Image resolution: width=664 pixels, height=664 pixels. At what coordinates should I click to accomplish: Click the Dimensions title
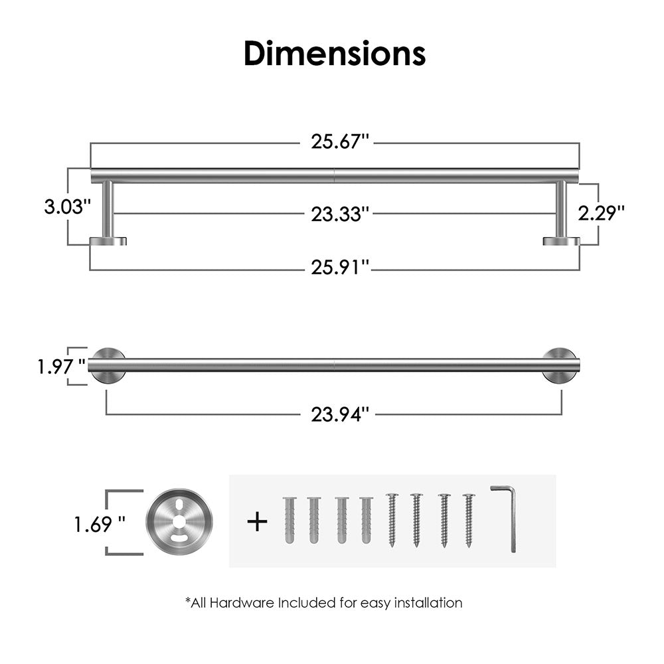[x=335, y=53]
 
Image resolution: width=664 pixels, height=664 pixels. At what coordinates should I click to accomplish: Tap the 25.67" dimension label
[x=339, y=142]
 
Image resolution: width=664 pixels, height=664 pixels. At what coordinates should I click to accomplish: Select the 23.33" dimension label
[x=340, y=214]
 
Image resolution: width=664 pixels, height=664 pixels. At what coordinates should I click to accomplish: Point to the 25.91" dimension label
[x=340, y=268]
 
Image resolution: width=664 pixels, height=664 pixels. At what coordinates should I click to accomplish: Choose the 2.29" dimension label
[x=601, y=212]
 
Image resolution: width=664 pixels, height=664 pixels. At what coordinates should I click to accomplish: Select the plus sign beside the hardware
[x=257, y=521]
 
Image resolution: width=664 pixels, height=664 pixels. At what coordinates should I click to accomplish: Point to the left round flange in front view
[x=106, y=365]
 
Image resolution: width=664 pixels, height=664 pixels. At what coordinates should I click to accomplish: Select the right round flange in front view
[x=560, y=365]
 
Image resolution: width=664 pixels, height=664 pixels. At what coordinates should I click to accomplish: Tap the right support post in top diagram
[x=561, y=208]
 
